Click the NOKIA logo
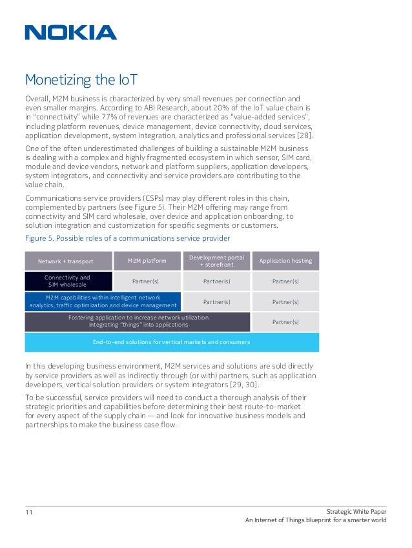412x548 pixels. [x=71, y=33]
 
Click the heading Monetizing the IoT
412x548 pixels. [x=81, y=80]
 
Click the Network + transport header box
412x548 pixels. [x=66, y=261]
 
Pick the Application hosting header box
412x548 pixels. [x=285, y=261]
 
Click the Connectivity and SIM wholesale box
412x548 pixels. [x=67, y=281]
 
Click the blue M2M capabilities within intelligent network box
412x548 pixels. [x=103, y=301]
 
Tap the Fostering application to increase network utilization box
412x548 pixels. [x=138, y=321]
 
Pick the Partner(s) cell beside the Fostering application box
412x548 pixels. [x=285, y=321]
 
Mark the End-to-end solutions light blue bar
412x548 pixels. [x=171, y=341]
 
